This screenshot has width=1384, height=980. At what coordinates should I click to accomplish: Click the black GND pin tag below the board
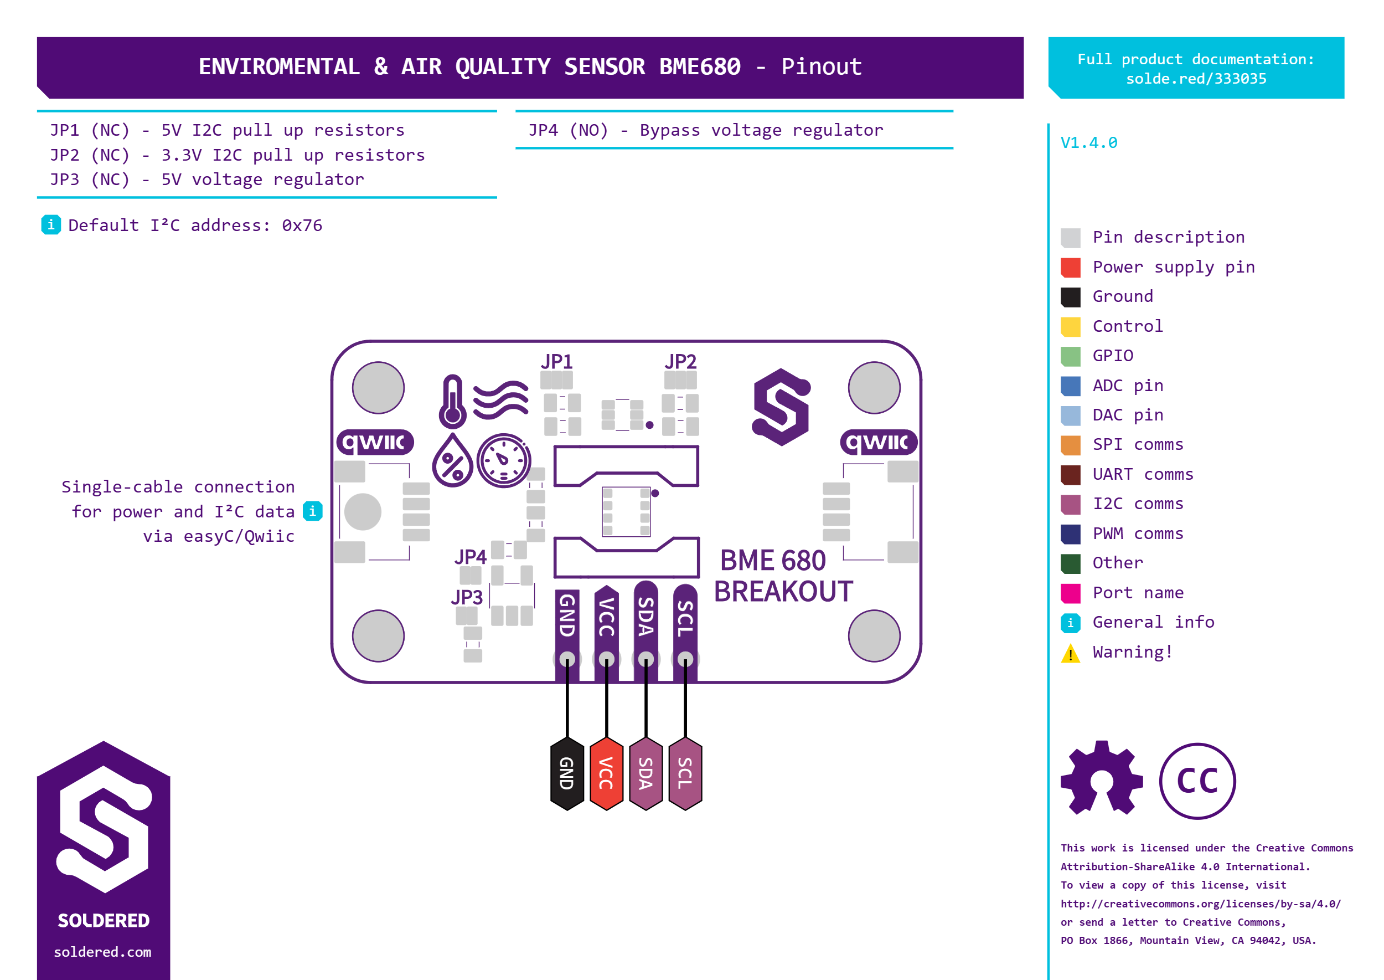[567, 773]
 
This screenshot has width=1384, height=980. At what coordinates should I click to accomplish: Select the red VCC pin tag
[606, 773]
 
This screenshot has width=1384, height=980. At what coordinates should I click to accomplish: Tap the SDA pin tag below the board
[645, 773]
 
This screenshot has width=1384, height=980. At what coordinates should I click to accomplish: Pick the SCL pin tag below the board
[685, 773]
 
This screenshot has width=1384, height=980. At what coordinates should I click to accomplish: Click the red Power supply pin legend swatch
[1071, 268]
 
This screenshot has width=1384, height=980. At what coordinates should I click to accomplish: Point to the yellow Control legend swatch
[1071, 326]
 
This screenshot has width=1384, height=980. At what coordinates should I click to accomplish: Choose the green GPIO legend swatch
[1071, 356]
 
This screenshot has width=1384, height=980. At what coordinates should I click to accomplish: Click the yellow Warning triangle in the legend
[1071, 653]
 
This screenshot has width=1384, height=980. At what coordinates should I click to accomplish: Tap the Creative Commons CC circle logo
[1197, 781]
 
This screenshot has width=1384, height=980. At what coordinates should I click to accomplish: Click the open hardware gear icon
[1101, 778]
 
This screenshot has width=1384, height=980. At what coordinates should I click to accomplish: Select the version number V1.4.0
[1088, 143]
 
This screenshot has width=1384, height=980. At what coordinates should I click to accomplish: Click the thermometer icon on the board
[452, 401]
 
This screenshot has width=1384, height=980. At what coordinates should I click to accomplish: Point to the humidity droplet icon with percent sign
[452, 461]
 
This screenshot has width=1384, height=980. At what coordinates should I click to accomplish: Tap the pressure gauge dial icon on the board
[504, 460]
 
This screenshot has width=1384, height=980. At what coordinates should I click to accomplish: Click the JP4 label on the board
[471, 556]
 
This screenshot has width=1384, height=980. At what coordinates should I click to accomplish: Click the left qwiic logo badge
[374, 442]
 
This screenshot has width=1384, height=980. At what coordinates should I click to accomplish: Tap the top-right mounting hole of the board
[874, 387]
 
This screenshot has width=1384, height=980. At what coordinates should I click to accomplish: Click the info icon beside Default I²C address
[51, 224]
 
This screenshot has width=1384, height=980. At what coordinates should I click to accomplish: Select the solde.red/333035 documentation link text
[1196, 79]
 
